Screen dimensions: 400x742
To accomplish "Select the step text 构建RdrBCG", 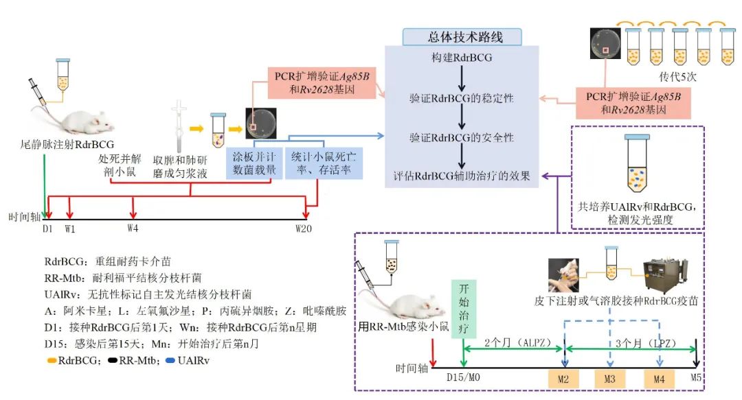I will (x=462, y=58).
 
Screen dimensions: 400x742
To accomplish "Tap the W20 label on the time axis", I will (x=305, y=227).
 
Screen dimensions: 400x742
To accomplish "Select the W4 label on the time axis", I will (x=133, y=227).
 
